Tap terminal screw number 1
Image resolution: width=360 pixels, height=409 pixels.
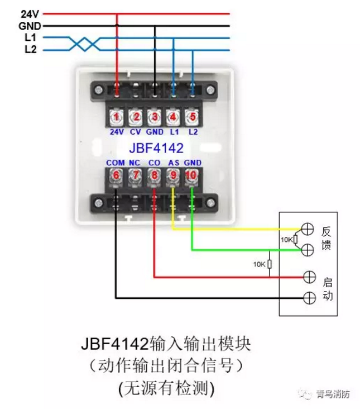[116, 117]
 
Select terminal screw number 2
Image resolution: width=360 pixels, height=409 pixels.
[135, 117]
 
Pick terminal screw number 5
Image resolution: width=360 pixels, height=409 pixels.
[193, 117]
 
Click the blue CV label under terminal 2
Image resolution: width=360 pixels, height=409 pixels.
[135, 132]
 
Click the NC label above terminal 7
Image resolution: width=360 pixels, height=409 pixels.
[135, 163]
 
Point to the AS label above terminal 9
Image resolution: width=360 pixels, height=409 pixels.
[173, 163]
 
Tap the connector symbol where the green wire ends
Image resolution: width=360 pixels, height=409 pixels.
[308, 250]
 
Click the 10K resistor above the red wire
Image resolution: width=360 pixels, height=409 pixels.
[270, 264]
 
